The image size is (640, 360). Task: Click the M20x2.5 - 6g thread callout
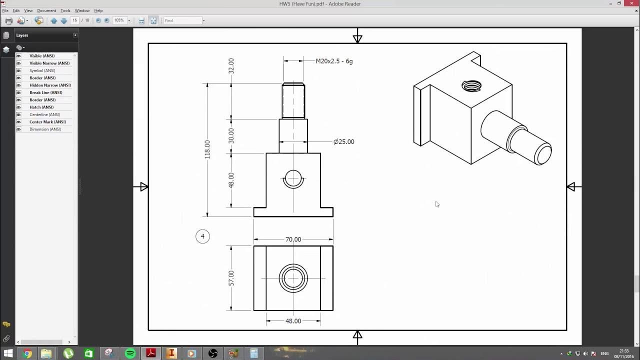click(x=334, y=61)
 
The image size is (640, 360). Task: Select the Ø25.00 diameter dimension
click(x=343, y=141)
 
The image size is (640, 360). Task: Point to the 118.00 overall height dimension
click(x=207, y=149)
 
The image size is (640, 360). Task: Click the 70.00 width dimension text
click(x=293, y=239)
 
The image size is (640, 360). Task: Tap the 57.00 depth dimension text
click(x=231, y=278)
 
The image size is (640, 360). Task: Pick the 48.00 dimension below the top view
click(x=293, y=321)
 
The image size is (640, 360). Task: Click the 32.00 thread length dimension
click(x=231, y=65)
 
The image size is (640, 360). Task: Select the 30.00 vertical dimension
click(x=231, y=135)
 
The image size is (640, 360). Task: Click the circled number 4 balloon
click(x=202, y=236)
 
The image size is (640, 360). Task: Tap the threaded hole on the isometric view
click(x=471, y=86)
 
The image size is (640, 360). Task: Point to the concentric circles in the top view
click(x=293, y=278)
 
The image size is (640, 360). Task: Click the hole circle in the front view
click(x=293, y=178)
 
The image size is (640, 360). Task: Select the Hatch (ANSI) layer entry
click(x=41, y=107)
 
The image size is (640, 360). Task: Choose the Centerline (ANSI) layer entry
click(x=44, y=114)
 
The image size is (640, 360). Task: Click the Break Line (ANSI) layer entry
click(x=45, y=92)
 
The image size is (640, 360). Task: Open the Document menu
click(x=46, y=10)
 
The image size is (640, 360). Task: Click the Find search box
click(x=182, y=20)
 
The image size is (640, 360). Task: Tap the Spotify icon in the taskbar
click(x=130, y=353)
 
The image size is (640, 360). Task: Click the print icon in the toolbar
click(x=8, y=20)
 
